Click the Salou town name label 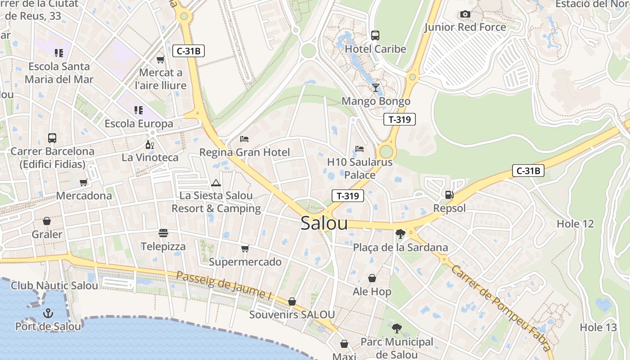tap(324, 223)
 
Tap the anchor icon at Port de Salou tap(48, 313)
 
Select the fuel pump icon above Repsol tap(449, 195)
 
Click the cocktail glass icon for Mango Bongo tap(376, 87)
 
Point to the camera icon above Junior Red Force tap(465, 14)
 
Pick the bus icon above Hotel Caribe tap(375, 36)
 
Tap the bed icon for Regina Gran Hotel tap(244, 139)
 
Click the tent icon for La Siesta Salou tap(216, 183)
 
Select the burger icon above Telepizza tap(163, 233)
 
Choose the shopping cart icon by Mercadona tap(83, 183)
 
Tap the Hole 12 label tap(575, 224)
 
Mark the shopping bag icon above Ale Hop tap(372, 278)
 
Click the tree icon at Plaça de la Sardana tap(400, 234)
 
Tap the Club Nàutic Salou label tap(54, 285)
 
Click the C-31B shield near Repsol tap(528, 171)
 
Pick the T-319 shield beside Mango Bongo tap(399, 119)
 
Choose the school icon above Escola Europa tap(138, 110)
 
